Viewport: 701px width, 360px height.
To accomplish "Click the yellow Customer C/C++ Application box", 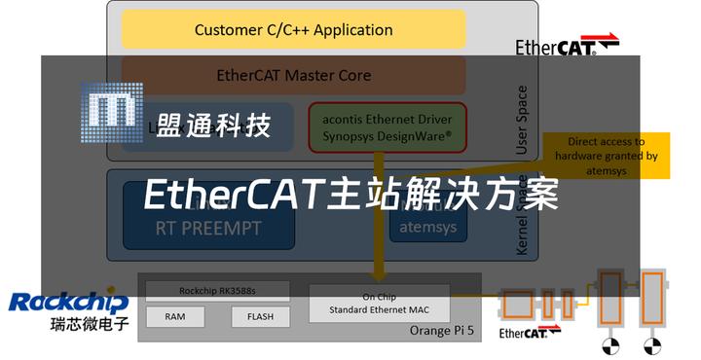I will coord(293,29).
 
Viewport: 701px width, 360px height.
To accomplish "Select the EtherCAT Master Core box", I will coord(293,75).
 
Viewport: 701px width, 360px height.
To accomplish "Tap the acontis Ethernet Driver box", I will coord(387,126).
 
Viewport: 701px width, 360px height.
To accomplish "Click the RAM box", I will coord(175,316).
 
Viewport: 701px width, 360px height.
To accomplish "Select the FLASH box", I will coord(260,316).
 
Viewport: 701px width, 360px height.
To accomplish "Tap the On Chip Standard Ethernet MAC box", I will coord(379,304).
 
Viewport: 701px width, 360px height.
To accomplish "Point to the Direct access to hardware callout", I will coord(606,156).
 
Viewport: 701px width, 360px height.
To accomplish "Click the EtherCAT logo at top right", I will coord(567,45).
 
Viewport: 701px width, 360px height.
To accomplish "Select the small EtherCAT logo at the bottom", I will coord(530,333).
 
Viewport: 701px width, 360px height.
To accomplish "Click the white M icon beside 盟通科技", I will coord(111,114).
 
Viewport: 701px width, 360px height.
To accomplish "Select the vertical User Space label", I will coord(521,120).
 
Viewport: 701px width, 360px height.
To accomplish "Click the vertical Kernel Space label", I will coord(521,220).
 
